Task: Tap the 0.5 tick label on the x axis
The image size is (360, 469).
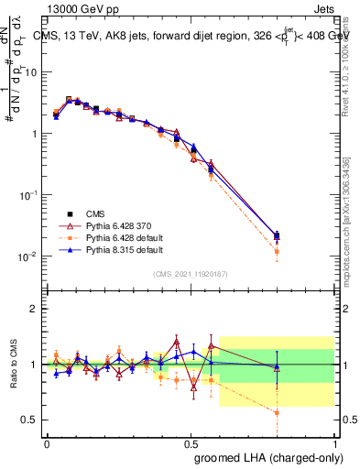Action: point(191,442)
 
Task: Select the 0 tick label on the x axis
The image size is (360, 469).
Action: point(47,442)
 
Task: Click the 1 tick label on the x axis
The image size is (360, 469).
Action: point(335,442)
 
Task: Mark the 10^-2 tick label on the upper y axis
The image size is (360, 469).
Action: point(28,256)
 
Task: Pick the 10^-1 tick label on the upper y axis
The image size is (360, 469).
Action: point(28,195)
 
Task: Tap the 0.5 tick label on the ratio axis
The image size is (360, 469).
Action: point(30,420)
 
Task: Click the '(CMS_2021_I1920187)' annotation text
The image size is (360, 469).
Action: point(191,274)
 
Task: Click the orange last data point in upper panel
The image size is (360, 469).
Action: point(277,250)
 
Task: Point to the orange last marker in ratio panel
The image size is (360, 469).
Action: point(277,412)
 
